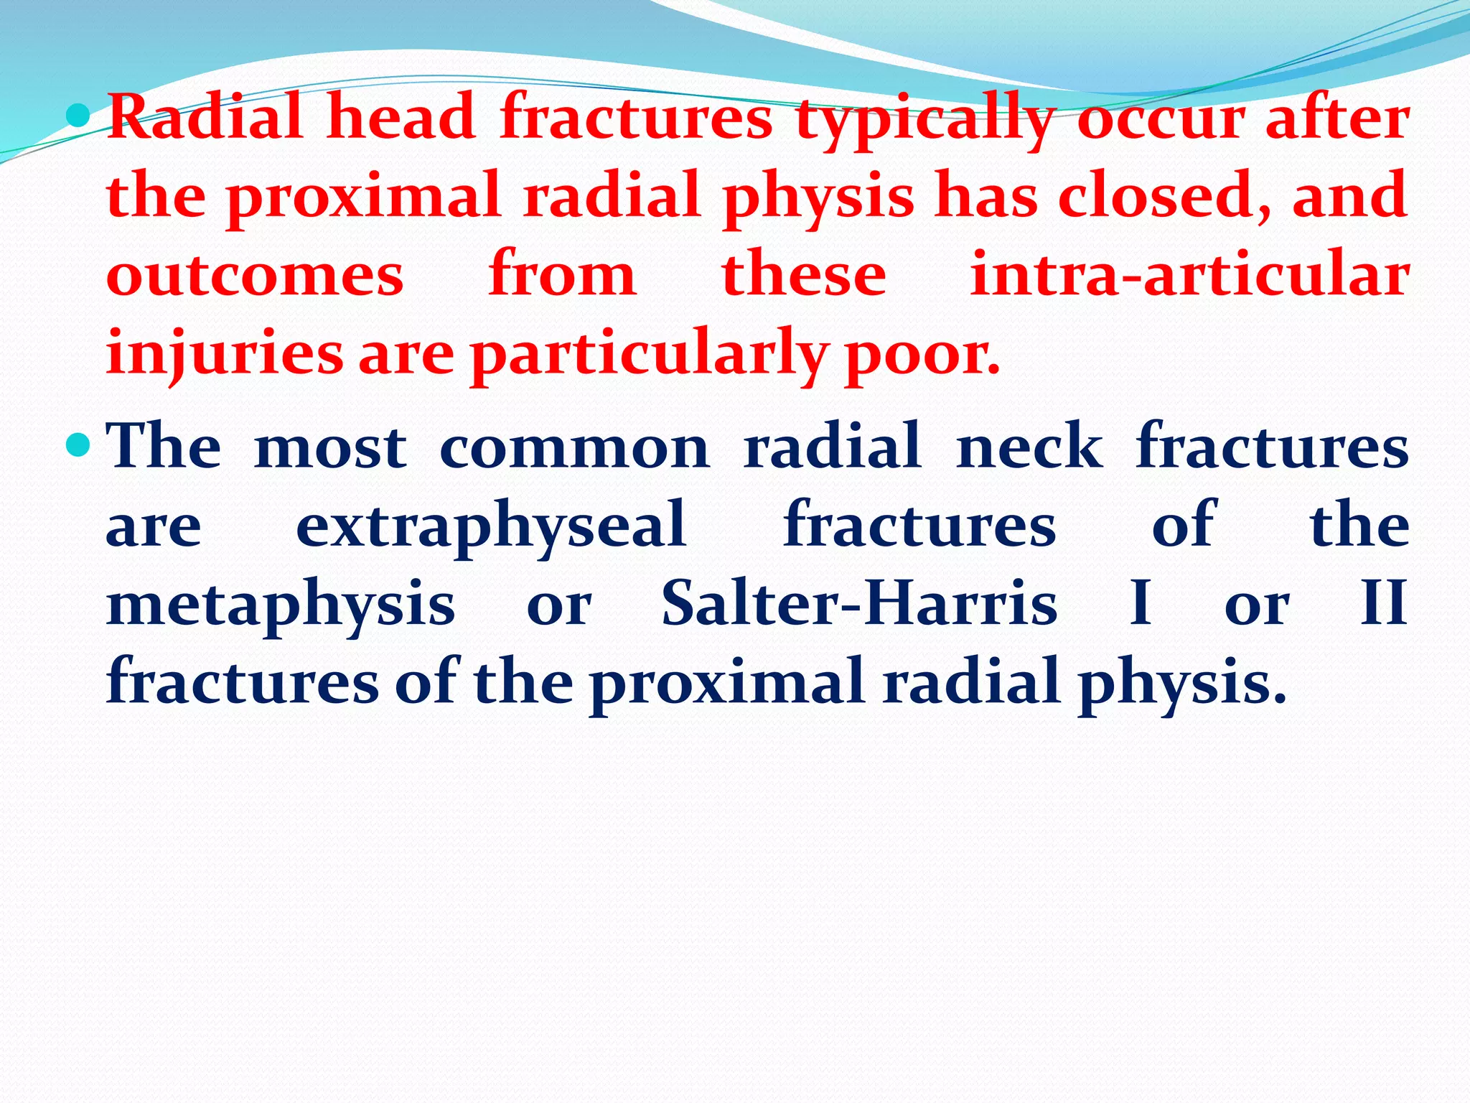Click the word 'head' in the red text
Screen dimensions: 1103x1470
point(401,118)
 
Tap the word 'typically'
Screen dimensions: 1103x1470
point(925,121)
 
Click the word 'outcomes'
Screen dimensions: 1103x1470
point(255,276)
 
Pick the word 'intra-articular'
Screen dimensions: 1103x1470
point(1189,276)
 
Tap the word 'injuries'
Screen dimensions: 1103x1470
point(225,353)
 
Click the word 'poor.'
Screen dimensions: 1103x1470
point(922,355)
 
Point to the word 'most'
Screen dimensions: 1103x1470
point(330,447)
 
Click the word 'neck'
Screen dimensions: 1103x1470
point(1029,447)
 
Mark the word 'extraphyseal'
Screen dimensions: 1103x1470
point(491,526)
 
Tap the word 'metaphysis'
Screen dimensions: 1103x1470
point(280,605)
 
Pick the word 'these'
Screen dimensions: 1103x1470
point(804,276)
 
